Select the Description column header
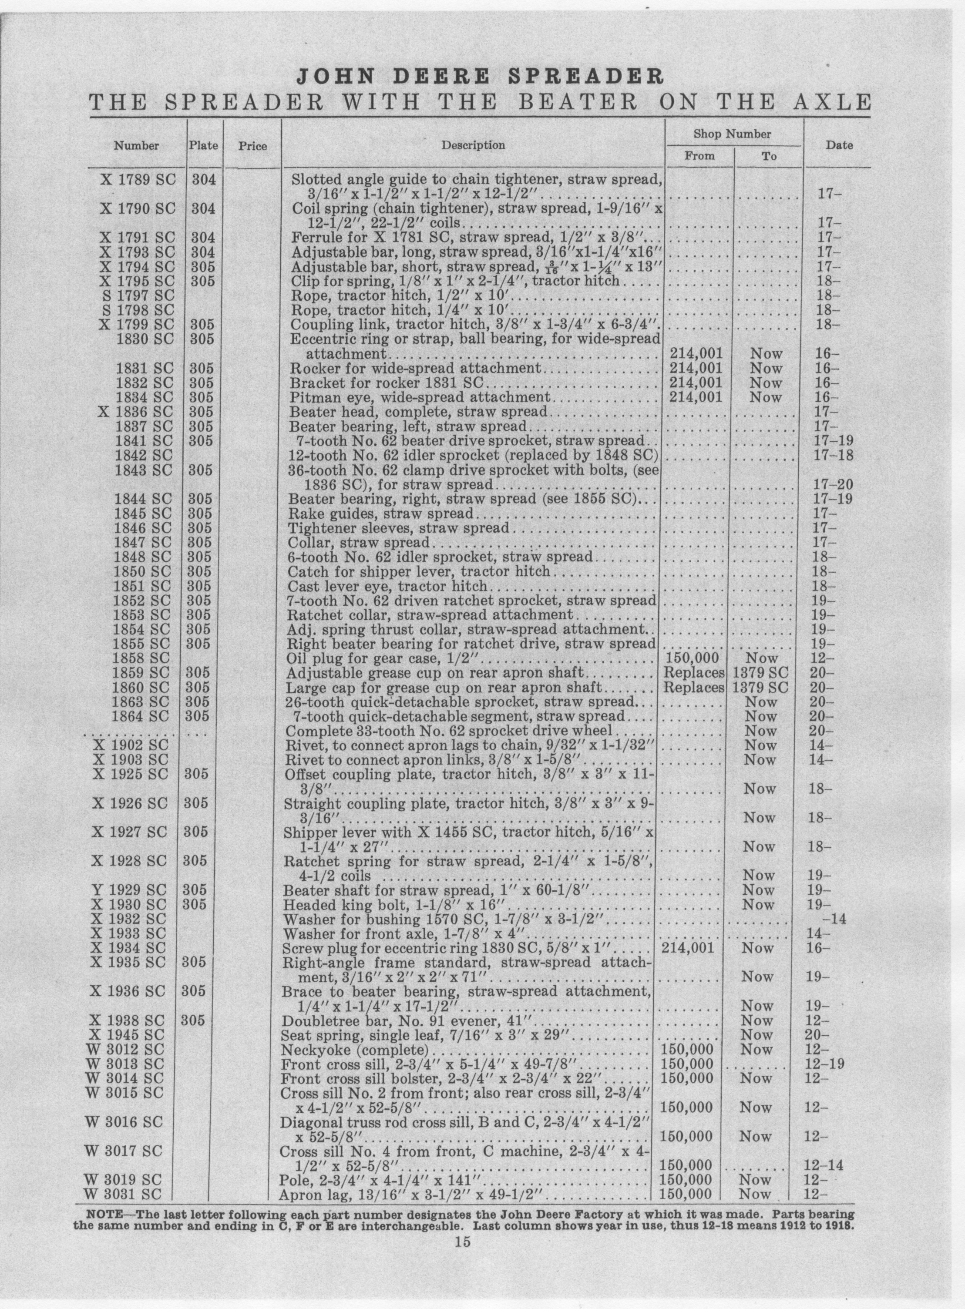pyautogui.click(x=473, y=145)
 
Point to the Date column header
pyautogui.click(x=839, y=145)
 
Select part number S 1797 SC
pyautogui.click(x=138, y=295)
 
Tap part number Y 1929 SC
pyautogui.click(x=130, y=890)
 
